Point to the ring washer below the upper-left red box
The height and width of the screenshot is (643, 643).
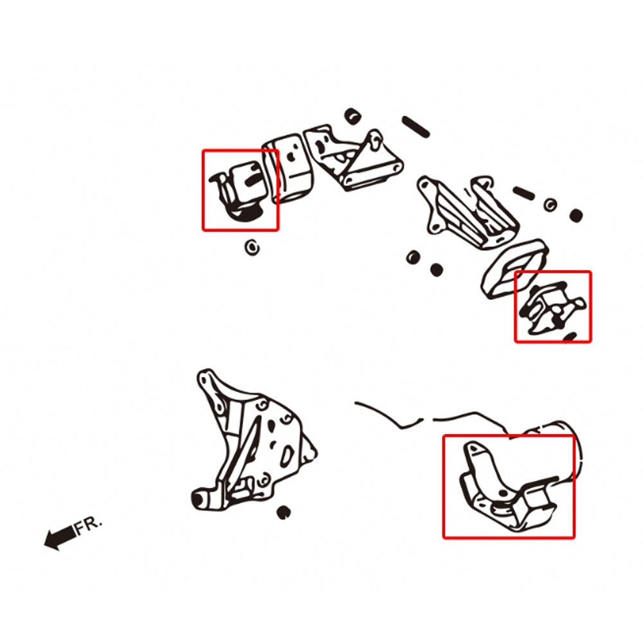point(252,248)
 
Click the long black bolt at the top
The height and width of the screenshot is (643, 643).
point(415,127)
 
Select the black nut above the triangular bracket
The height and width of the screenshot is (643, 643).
point(352,116)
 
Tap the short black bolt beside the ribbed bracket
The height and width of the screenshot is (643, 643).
point(523,193)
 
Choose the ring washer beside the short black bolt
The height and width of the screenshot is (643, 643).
point(550,204)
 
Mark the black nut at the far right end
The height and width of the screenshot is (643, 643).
point(575,215)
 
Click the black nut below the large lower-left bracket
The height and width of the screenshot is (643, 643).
point(283,512)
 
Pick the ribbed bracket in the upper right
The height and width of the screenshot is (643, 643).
point(467,211)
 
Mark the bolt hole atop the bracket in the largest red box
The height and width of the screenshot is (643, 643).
point(474,449)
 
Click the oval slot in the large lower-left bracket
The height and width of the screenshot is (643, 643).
point(287,456)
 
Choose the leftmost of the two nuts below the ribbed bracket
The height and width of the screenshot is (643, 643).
point(413,258)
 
